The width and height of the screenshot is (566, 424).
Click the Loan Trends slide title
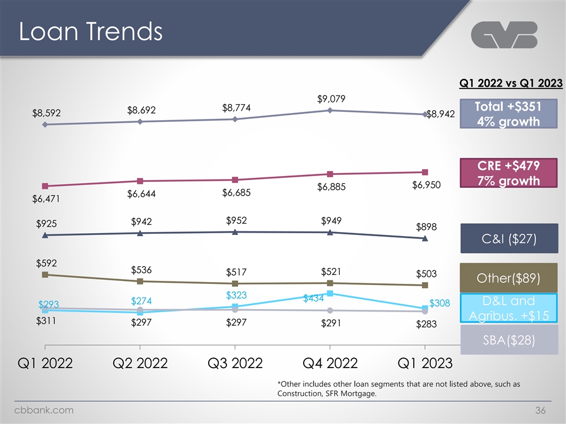tap(90, 32)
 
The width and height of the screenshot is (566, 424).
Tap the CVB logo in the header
tap(505, 36)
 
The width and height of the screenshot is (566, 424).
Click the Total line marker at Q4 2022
tap(330, 110)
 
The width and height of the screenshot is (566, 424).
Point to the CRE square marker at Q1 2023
tap(424, 172)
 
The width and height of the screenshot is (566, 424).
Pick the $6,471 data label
tap(45, 200)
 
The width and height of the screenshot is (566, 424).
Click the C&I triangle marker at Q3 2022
tap(235, 232)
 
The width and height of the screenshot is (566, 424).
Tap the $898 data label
tap(426, 227)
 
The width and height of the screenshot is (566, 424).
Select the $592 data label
tap(46, 263)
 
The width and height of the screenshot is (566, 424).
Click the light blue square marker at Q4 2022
tap(330, 293)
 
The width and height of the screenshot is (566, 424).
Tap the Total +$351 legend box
tap(509, 113)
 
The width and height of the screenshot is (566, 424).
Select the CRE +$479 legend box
tap(509, 172)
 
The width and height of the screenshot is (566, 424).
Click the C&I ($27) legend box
tap(509, 238)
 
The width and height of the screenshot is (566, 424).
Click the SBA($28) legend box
tap(509, 341)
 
